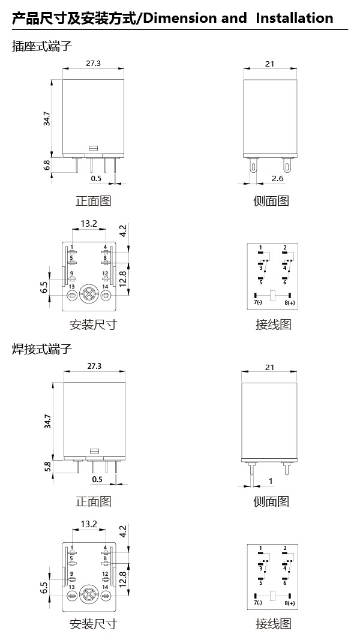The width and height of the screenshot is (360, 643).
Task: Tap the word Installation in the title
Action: [x=294, y=18]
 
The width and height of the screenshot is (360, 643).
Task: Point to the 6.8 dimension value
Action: [x=47, y=164]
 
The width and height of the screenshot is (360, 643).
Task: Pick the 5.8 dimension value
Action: [x=47, y=465]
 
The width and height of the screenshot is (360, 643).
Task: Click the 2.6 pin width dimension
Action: [x=277, y=179]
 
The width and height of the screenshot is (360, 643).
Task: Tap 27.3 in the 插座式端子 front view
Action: [x=94, y=64]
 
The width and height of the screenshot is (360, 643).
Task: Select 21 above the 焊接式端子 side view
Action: [x=269, y=366]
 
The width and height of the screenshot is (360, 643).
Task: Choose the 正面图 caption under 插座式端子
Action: [x=94, y=201]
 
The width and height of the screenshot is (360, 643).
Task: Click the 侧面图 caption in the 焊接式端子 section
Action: [x=271, y=501]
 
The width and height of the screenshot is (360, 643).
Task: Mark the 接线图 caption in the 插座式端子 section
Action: [x=273, y=324]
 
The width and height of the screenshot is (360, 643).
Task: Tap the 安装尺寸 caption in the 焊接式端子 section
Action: [x=94, y=624]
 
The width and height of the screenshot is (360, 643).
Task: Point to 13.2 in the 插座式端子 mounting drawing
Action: [x=89, y=224]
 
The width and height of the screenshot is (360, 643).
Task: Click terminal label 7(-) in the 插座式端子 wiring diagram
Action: [x=258, y=302]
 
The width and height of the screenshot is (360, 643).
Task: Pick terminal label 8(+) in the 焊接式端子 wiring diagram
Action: [x=290, y=603]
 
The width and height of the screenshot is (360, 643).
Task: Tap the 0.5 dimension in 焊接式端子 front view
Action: [x=97, y=479]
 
